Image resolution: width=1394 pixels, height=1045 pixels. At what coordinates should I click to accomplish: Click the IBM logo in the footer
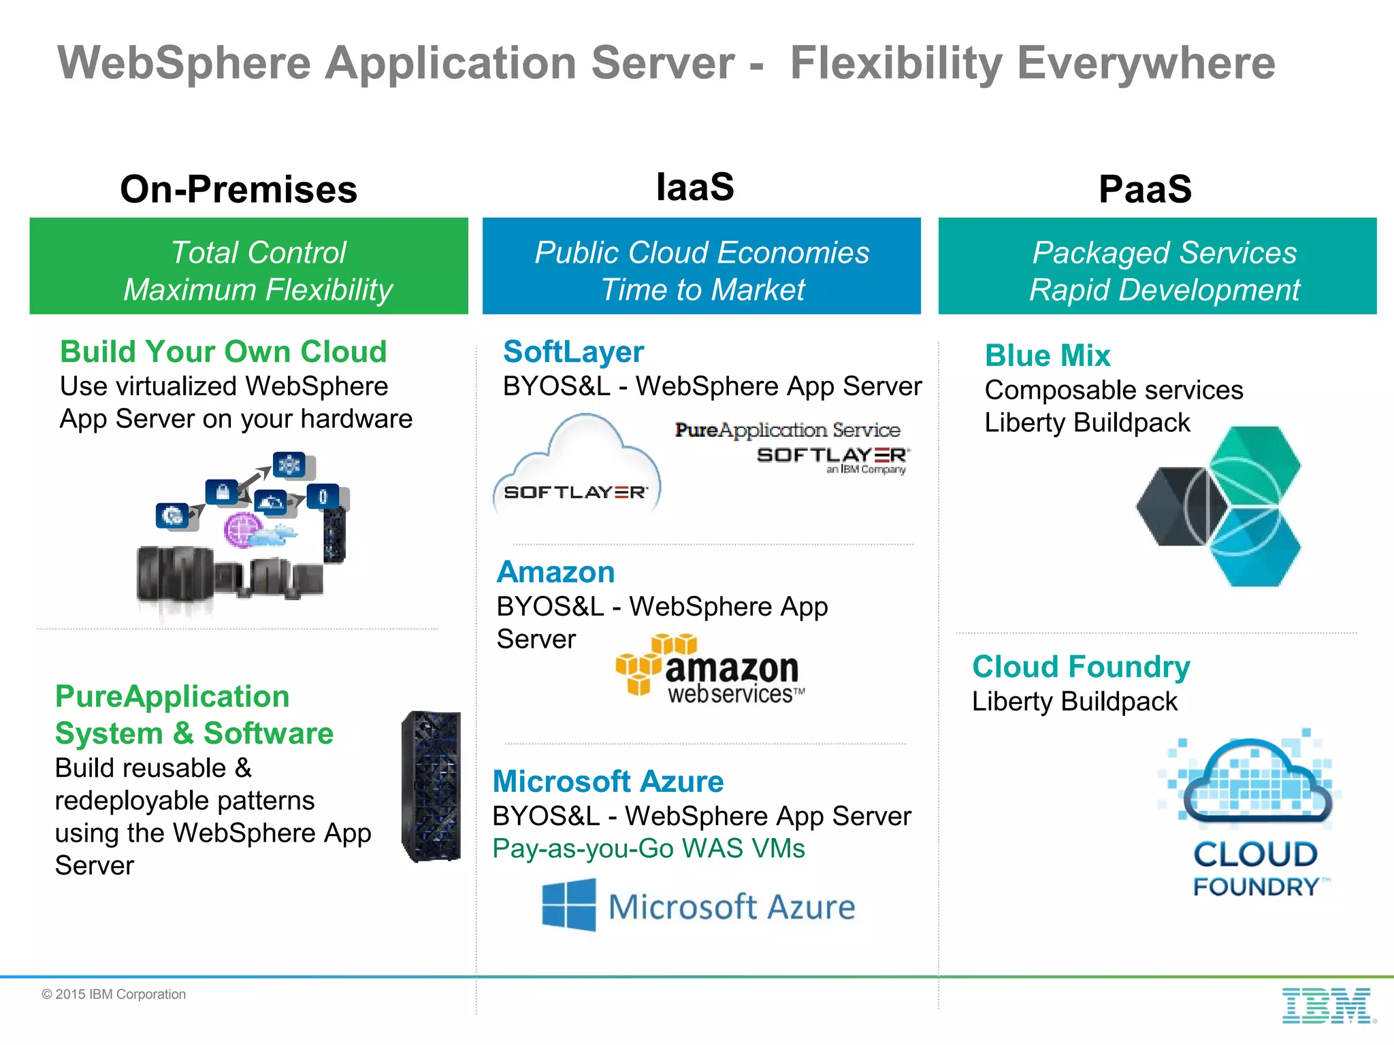tap(1327, 1006)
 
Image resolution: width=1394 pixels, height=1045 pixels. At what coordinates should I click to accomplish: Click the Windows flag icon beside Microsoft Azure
tap(568, 905)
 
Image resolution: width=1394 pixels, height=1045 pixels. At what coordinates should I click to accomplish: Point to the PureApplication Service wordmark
tap(788, 430)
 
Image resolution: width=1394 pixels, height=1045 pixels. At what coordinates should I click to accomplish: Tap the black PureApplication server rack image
tap(432, 786)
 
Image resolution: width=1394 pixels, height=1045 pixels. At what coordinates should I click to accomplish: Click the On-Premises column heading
tap(238, 189)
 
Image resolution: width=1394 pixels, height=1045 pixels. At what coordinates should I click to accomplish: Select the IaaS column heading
tap(695, 187)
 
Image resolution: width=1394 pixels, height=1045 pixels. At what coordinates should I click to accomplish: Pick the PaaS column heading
tap(1145, 189)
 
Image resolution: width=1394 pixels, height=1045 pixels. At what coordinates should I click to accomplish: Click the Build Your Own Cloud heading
tap(223, 352)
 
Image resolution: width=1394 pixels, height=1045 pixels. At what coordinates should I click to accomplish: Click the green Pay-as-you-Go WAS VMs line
tap(649, 848)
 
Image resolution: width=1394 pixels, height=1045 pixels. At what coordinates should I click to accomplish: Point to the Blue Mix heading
tap(1048, 356)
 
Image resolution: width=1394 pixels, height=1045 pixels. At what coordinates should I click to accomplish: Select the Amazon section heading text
tap(555, 572)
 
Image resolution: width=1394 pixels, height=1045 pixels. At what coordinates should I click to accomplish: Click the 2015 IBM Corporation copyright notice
tap(114, 995)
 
